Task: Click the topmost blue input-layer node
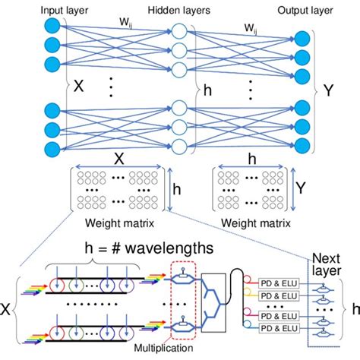click(x=52, y=27)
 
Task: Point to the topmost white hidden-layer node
click(x=179, y=32)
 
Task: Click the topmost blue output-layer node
click(x=302, y=38)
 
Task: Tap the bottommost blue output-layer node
click(x=302, y=145)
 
